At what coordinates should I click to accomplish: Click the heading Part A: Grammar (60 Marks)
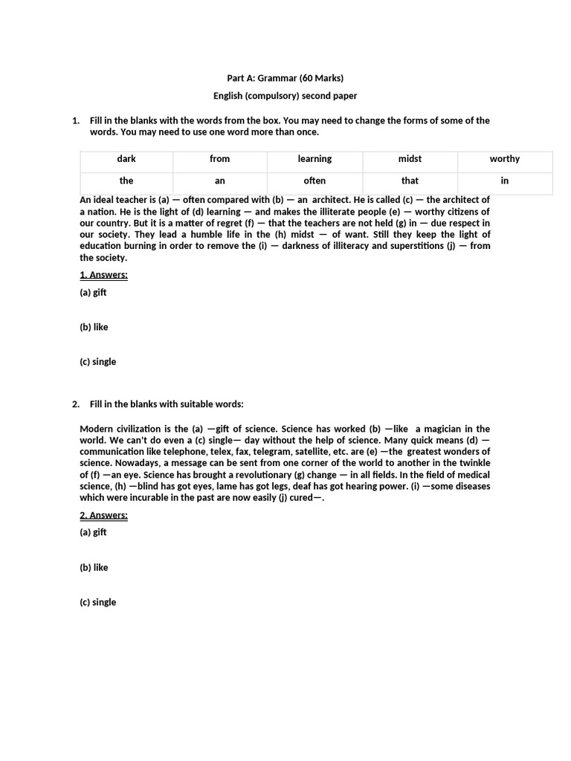pos(285,78)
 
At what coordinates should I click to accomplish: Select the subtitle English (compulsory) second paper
pos(285,96)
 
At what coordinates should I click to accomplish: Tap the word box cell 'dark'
pos(126,159)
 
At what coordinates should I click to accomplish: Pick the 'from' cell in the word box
pos(219,159)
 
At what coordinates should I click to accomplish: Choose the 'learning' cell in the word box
pos(314,159)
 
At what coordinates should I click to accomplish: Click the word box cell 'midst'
pos(410,159)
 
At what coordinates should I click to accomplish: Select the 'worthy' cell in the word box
pos(505,159)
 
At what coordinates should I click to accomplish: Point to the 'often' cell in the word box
pos(314,181)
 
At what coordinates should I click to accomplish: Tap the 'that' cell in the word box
pos(410,181)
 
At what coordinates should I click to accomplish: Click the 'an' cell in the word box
pos(219,181)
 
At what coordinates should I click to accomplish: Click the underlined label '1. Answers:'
pos(103,275)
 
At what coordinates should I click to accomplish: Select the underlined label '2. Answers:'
pos(103,515)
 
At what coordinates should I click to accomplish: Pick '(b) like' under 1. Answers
pos(94,327)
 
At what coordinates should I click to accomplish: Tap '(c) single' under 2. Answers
pos(97,602)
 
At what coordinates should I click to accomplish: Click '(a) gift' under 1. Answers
pos(93,292)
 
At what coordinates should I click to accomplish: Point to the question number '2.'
pos(76,404)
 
